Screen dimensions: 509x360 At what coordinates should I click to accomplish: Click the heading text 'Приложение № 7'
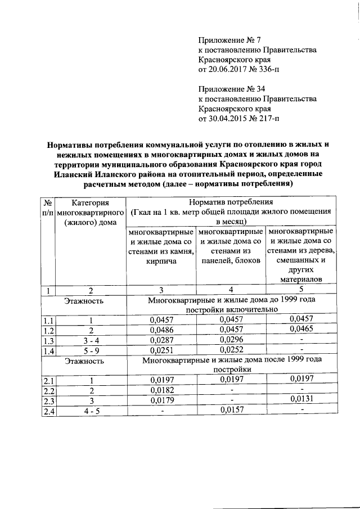(x=229, y=40)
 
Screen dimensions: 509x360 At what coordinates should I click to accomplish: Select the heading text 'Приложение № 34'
(x=232, y=89)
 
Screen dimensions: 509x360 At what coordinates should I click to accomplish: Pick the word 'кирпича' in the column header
(x=161, y=262)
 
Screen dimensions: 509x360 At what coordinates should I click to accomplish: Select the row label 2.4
(x=49, y=411)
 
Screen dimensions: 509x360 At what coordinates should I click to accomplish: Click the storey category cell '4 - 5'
(x=90, y=411)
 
